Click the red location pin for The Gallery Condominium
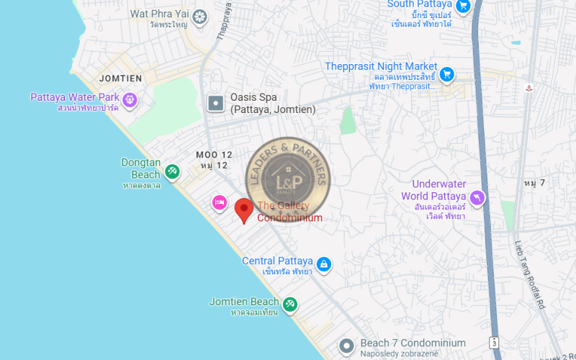(244, 210)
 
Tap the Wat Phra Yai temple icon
(199, 16)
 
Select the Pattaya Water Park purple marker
(130, 99)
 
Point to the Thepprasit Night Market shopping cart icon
(447, 73)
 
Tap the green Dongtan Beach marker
(171, 171)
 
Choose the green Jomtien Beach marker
(289, 305)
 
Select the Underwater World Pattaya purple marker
(477, 197)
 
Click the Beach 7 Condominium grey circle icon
(347, 346)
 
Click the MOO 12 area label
(214, 155)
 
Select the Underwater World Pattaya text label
(433, 191)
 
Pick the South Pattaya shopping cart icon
(463, 6)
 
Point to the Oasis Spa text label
(272, 104)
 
